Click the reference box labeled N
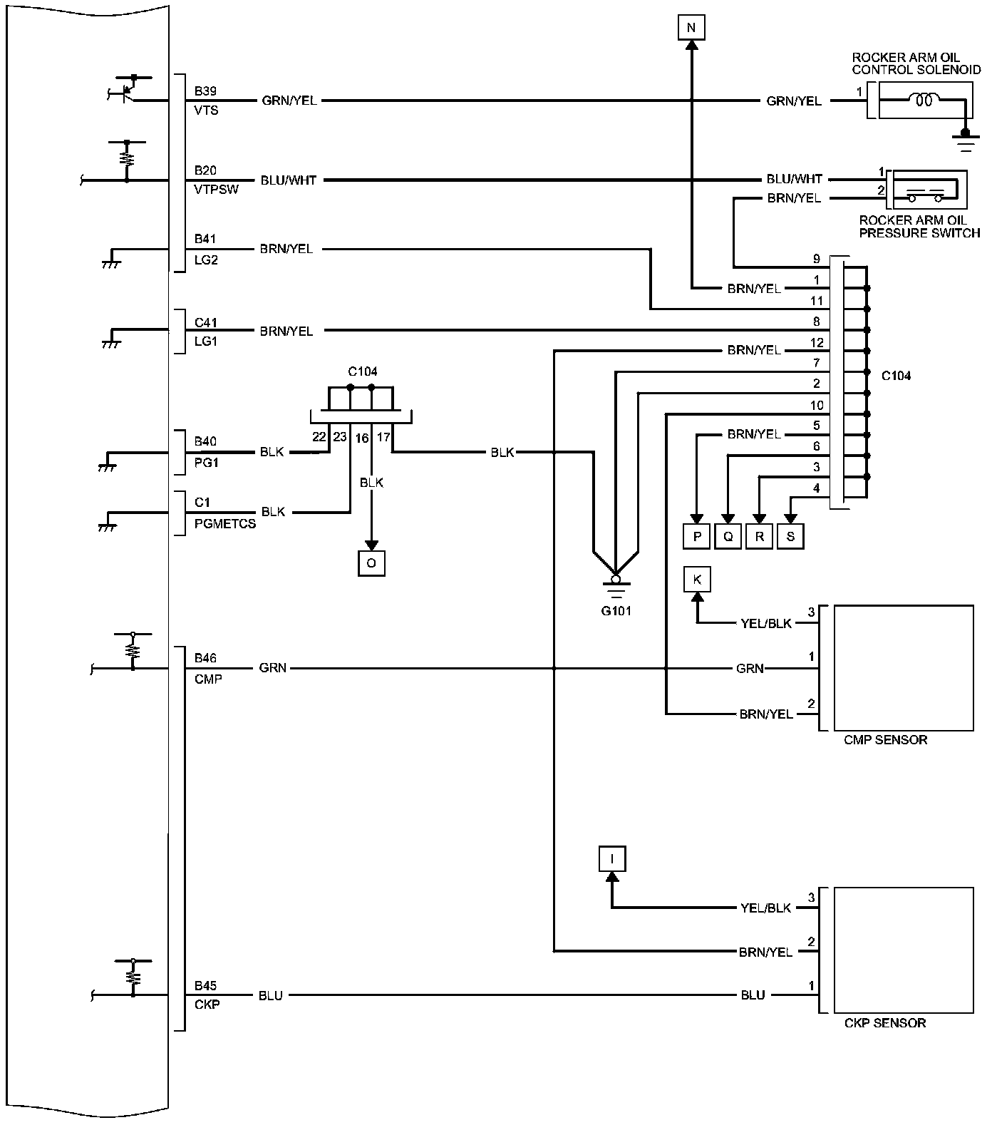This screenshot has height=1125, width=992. [x=690, y=28]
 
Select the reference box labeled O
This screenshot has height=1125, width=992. [x=371, y=563]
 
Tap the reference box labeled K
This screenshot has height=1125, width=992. [x=697, y=580]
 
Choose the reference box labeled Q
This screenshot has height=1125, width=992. [x=728, y=537]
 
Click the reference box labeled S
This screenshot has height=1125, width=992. [x=790, y=537]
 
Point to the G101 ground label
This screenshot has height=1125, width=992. [x=616, y=611]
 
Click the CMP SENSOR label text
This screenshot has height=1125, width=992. [x=885, y=740]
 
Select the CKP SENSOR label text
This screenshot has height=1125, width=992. [x=884, y=1023]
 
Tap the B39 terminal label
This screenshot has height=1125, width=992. [x=205, y=91]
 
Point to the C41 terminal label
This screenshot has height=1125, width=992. [x=205, y=322]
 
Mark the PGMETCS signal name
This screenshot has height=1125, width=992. [x=224, y=523]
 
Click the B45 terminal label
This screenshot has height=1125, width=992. [x=205, y=986]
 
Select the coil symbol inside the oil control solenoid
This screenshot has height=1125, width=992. [x=924, y=101]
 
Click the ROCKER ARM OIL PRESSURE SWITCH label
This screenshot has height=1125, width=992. [x=919, y=227]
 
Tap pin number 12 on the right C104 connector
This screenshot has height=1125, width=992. [x=817, y=343]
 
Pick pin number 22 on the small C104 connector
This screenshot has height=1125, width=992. [x=319, y=436]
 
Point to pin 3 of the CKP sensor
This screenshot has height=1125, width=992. [x=811, y=897]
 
